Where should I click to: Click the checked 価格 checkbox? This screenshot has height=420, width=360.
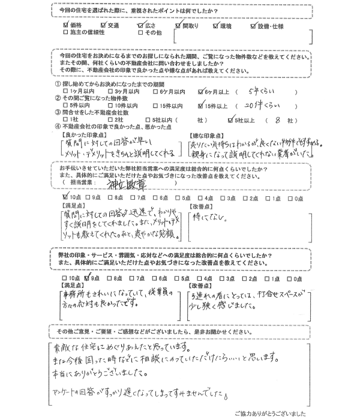[66, 26]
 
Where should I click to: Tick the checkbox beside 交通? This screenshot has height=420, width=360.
[104, 26]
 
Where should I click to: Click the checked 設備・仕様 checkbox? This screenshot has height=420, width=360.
[253, 26]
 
